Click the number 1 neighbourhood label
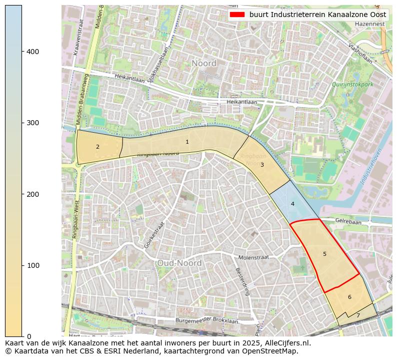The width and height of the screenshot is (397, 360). (187, 142)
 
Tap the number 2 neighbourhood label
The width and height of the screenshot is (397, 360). (97, 147)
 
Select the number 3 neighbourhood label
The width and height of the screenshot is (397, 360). (262, 165)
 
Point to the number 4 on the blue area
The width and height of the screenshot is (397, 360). (292, 204)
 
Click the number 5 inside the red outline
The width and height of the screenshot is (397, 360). (324, 254)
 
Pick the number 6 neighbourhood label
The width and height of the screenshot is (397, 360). (349, 297)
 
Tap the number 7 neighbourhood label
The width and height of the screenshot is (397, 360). (358, 316)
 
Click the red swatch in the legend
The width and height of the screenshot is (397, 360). (237, 15)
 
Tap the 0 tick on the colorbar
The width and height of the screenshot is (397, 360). (27, 336)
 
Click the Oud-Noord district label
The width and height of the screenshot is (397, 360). (179, 263)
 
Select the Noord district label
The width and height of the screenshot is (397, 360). (204, 64)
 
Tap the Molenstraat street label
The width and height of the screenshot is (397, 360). (253, 257)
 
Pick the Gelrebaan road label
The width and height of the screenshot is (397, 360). (348, 220)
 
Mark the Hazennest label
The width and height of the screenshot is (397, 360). (370, 24)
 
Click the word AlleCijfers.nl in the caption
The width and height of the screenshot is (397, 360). (286, 343)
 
